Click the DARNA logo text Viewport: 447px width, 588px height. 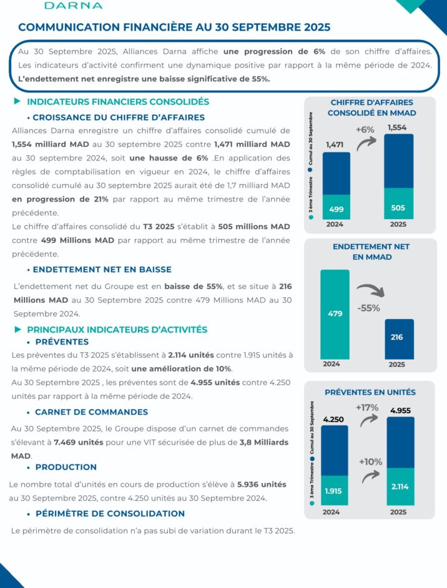[73, 6]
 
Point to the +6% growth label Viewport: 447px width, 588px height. [365, 130]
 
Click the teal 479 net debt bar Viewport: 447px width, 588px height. [335, 314]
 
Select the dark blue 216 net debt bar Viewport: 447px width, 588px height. [397, 338]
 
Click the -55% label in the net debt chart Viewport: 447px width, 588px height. [368, 308]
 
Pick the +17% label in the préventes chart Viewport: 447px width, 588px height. [368, 407]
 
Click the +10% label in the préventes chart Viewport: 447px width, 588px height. [370, 461]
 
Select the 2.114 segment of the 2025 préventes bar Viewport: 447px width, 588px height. [400, 486]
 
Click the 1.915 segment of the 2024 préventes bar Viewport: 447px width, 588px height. [335, 491]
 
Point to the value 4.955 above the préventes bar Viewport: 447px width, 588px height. [400, 410]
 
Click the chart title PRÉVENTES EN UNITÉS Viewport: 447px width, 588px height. [370, 392]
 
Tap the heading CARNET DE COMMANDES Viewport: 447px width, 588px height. [91, 412]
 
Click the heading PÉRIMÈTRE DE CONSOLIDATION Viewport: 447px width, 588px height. [110, 514]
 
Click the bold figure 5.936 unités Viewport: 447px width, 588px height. [262, 484]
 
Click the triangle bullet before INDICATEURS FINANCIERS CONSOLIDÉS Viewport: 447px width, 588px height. [17, 101]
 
